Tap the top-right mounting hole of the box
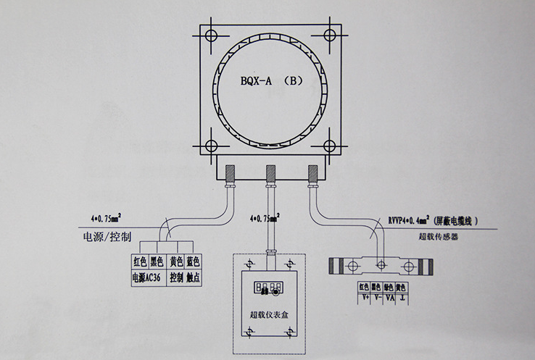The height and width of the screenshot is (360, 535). click(x=330, y=35)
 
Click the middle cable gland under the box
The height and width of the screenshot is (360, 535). click(x=271, y=174)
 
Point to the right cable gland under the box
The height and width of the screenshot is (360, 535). click(x=313, y=174)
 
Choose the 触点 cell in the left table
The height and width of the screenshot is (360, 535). click(x=192, y=277)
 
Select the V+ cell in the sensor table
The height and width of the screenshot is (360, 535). click(x=365, y=296)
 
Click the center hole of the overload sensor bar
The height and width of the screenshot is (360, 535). click(x=381, y=265)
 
